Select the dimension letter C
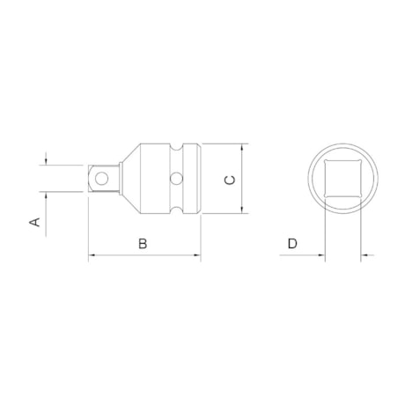point(228,180)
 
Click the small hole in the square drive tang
point(103,180)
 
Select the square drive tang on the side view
point(102,180)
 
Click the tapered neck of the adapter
point(129,180)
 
